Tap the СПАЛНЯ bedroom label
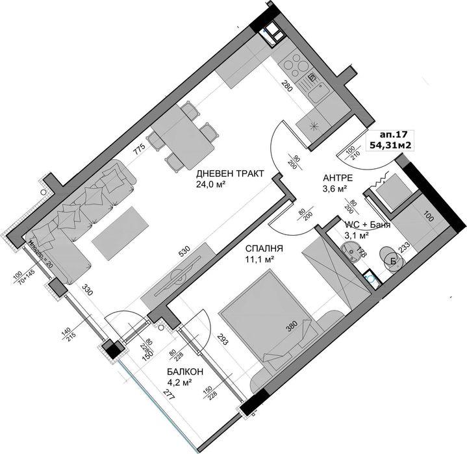[262, 249]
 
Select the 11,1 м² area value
[259, 260]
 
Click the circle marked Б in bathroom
[392, 260]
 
